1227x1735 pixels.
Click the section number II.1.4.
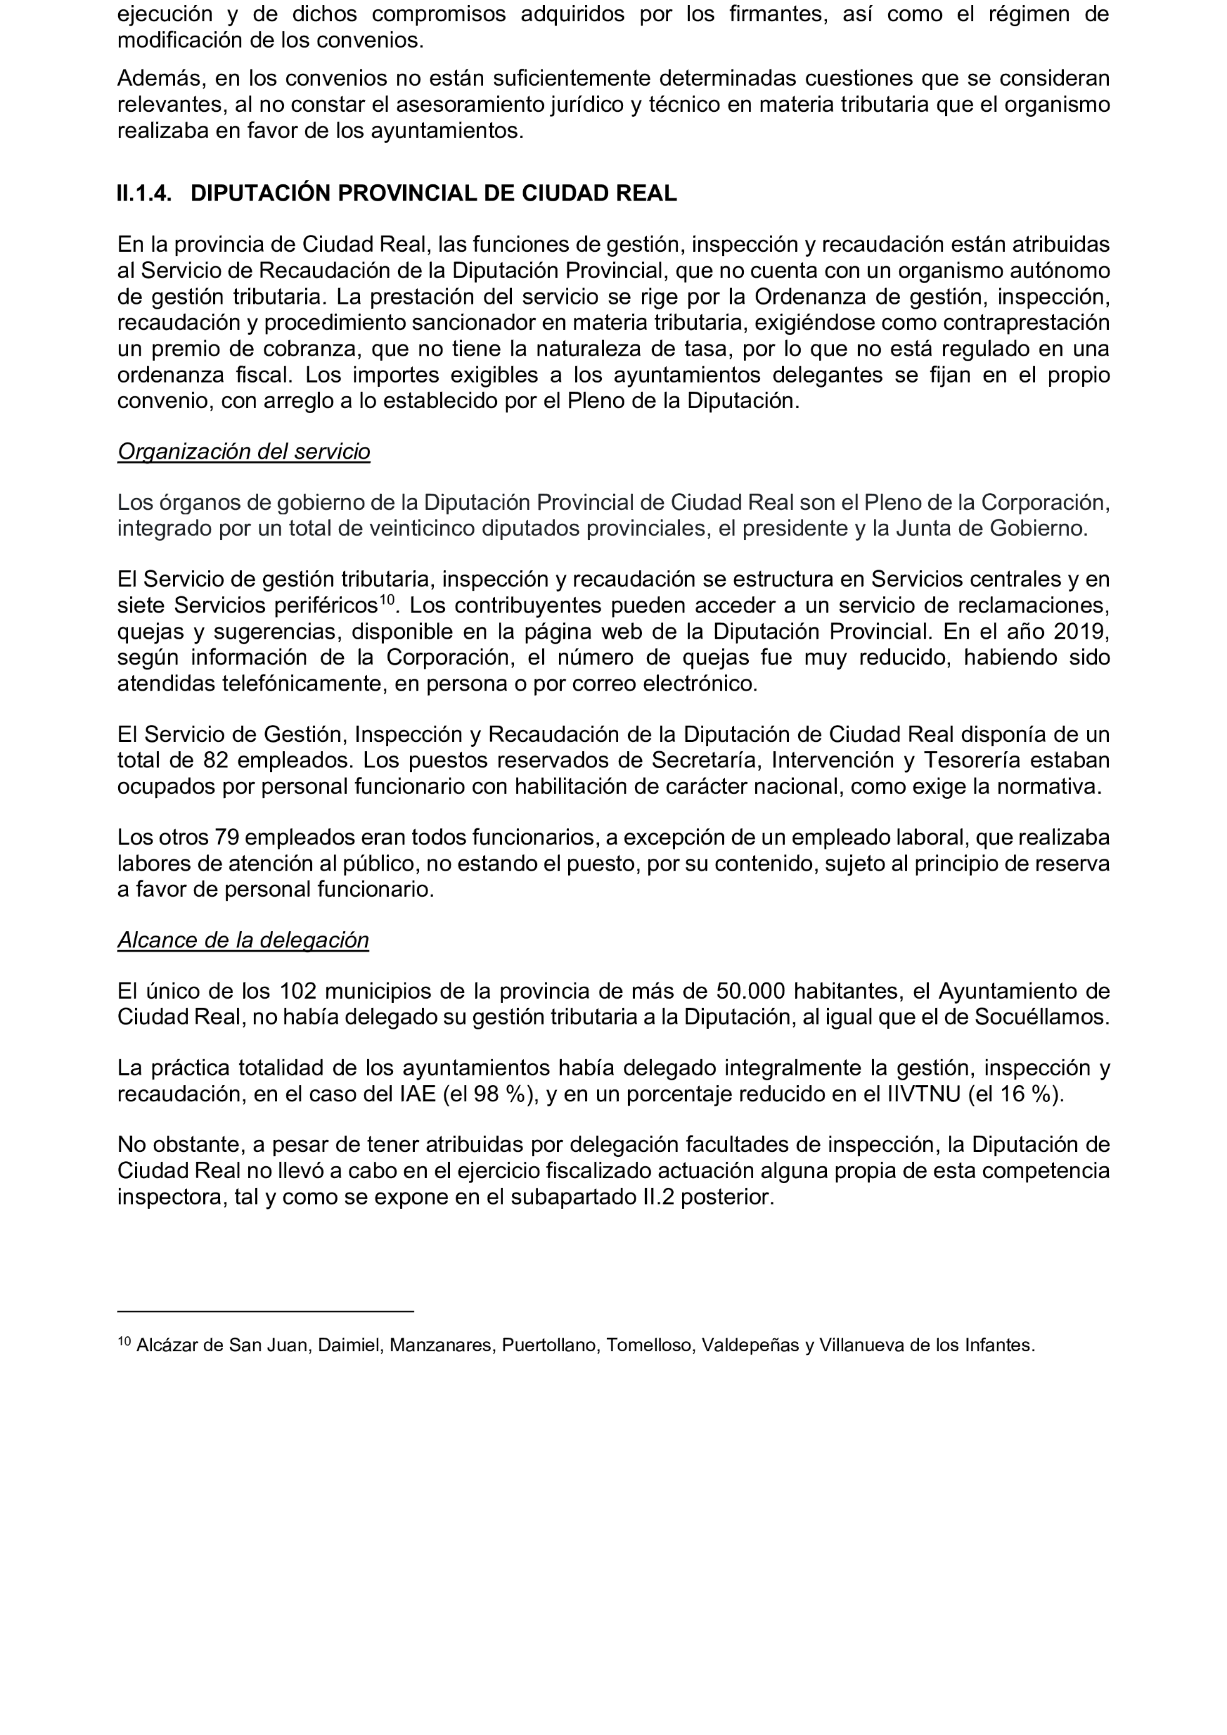[x=144, y=194]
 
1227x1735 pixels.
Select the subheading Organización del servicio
[x=243, y=451]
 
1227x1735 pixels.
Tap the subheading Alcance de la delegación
[x=243, y=940]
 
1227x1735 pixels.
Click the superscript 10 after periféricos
[x=387, y=600]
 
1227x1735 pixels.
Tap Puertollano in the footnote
[x=549, y=1345]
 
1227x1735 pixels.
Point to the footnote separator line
[x=265, y=1311]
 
